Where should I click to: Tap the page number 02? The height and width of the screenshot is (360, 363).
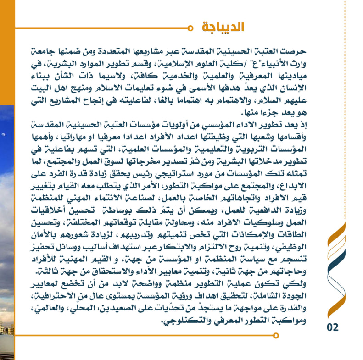pyautogui.click(x=332, y=327)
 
